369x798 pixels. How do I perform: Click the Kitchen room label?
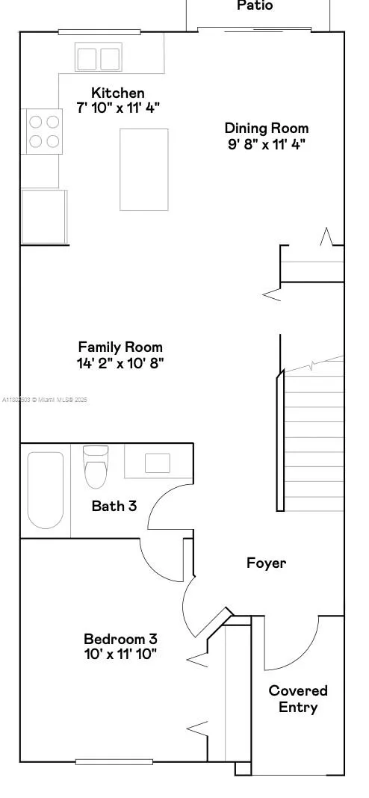pyautogui.click(x=118, y=93)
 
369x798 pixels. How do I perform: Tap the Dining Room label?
pyautogui.click(x=267, y=128)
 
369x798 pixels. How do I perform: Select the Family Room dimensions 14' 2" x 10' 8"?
pyautogui.click(x=120, y=363)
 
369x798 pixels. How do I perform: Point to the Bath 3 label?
pyautogui.click(x=114, y=506)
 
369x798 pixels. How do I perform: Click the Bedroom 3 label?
pyautogui.click(x=120, y=639)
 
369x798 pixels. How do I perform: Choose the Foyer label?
pyautogui.click(x=266, y=563)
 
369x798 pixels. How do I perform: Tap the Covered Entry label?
pyautogui.click(x=298, y=699)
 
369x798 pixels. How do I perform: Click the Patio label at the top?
pyautogui.click(x=255, y=6)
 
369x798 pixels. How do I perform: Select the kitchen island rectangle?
pyautogui.click(x=144, y=169)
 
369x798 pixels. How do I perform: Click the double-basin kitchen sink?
pyautogui.click(x=99, y=58)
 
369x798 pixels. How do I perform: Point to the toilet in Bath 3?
pyautogui.click(x=96, y=467)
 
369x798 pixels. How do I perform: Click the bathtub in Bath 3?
pyautogui.click(x=46, y=489)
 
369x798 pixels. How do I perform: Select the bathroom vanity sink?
pyautogui.click(x=158, y=463)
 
